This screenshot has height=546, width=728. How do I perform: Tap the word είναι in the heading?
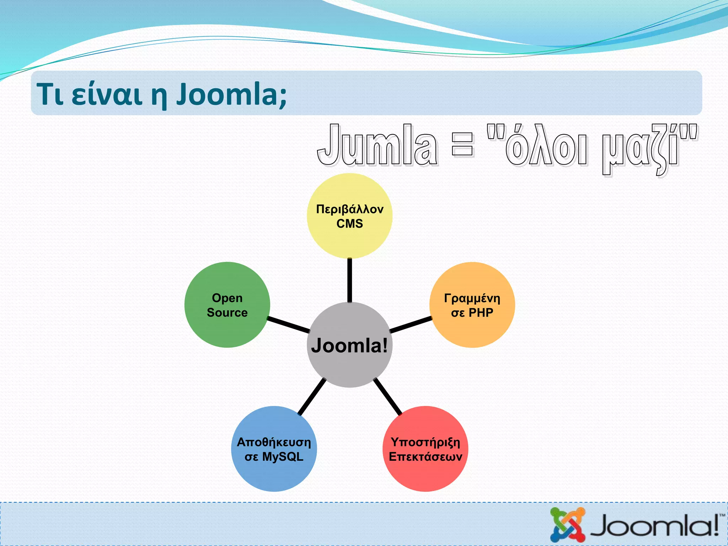click(107, 94)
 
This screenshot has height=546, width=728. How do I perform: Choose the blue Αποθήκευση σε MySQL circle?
click(274, 473)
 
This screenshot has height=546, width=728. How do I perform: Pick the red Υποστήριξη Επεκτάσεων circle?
click(425, 473)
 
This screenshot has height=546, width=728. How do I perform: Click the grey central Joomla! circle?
click(349, 366)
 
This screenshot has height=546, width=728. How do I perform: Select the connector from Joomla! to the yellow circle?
click(349, 280)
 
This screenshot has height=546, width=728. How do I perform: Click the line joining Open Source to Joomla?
click(289, 324)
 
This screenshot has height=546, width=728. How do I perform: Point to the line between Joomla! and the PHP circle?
click(411, 325)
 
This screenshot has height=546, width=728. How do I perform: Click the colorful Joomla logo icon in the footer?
click(567, 525)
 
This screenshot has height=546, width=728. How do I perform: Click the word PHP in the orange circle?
click(481, 312)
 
